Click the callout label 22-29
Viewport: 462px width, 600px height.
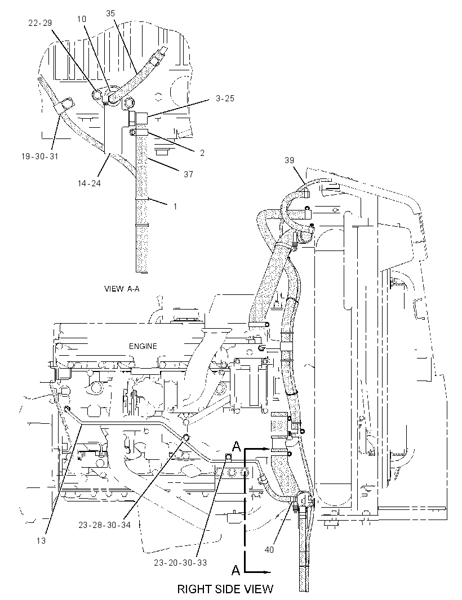point(40,23)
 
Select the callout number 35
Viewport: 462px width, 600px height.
point(110,14)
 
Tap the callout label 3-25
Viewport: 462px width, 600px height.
point(225,98)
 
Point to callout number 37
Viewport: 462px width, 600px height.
point(188,174)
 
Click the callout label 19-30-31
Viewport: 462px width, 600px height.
point(40,156)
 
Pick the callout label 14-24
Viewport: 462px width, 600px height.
point(89,183)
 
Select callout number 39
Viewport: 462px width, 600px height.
point(289,160)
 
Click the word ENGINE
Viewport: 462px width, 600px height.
point(143,346)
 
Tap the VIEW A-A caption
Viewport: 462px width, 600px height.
point(122,289)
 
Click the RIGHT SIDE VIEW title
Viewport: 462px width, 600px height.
point(225,589)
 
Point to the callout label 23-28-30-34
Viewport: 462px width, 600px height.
point(105,525)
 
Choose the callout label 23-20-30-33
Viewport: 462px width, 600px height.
point(180,562)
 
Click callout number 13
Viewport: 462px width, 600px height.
point(41,540)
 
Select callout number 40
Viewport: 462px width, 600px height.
point(269,549)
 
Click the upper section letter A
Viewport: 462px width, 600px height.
point(237,446)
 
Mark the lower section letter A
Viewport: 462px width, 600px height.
point(236,570)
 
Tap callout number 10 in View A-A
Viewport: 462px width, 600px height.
point(82,19)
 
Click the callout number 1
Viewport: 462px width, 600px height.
point(175,206)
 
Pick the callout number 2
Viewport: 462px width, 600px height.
point(202,153)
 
